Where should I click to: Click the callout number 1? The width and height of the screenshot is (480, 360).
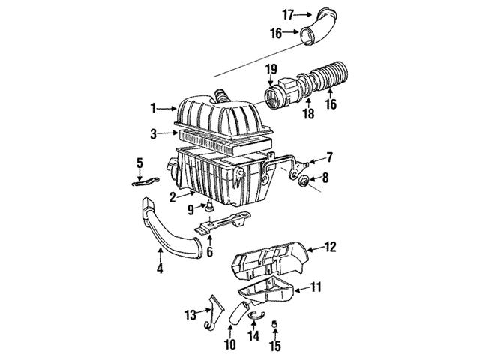point(152,109)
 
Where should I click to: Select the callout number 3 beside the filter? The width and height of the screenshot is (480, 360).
point(152,135)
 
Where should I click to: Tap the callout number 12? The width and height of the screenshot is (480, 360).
point(331,245)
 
